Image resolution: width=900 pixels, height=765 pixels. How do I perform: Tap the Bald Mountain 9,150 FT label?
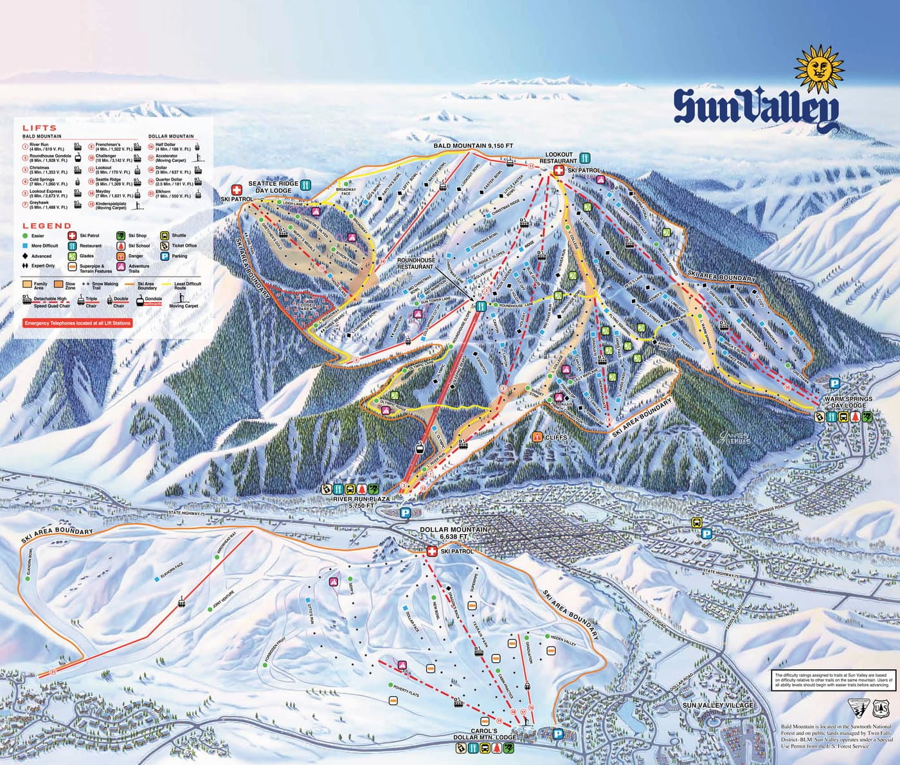pos(473,147)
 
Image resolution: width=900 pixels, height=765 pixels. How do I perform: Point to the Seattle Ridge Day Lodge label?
pos(273,187)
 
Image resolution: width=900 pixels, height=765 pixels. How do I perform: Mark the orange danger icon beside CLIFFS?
pos(537,437)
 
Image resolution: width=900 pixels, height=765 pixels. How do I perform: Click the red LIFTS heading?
pos(40,129)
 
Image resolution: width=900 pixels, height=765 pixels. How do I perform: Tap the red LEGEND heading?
pos(47,226)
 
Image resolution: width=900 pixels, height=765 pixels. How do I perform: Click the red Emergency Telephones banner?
pos(77,323)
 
